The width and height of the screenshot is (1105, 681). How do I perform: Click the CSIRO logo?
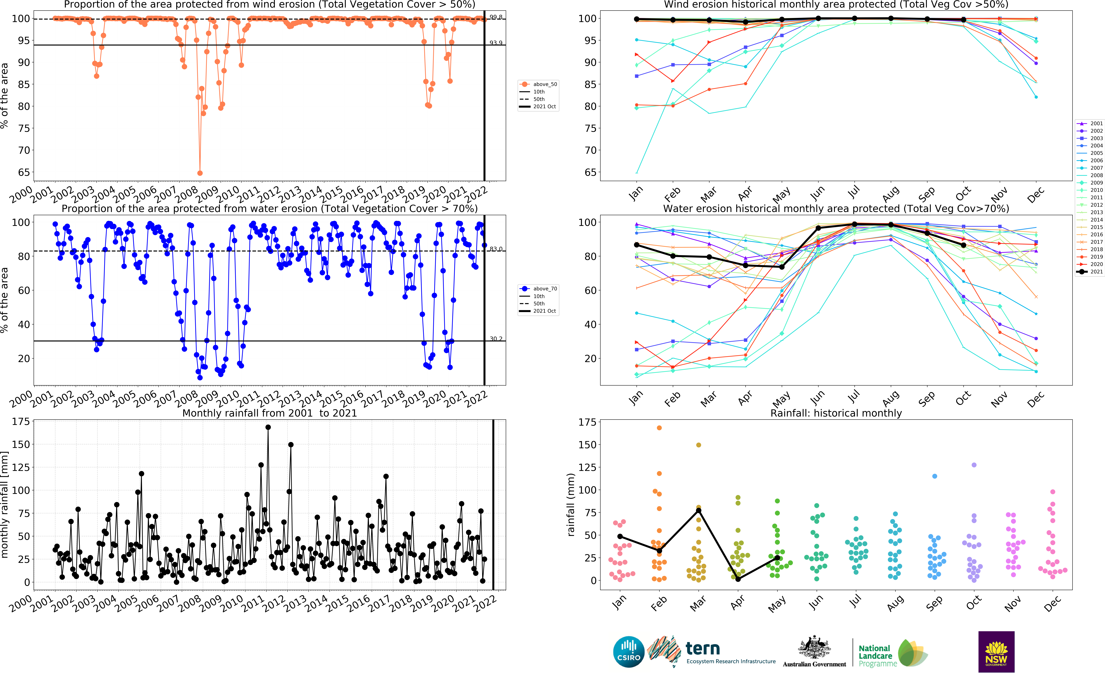[x=629, y=652]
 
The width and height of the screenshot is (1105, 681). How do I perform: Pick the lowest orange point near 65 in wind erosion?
[x=200, y=173]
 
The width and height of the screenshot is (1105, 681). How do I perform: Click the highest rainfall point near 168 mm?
[x=268, y=427]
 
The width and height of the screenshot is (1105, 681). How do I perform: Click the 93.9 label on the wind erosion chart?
[x=496, y=43]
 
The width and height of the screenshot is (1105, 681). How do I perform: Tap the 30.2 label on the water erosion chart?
[x=496, y=339]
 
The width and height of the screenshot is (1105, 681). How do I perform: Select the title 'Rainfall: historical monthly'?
[x=836, y=413]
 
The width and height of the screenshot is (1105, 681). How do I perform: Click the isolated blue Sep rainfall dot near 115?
[x=934, y=476]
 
